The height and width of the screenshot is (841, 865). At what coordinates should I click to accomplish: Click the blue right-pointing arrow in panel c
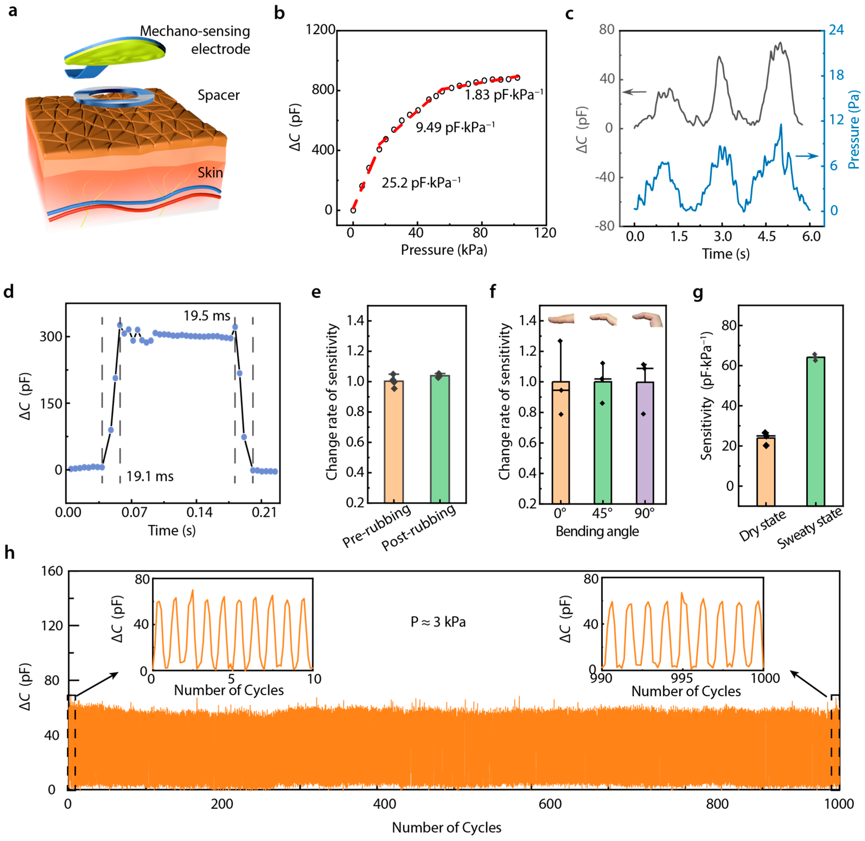[x=806, y=156]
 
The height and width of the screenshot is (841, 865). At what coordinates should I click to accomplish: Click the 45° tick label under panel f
[x=602, y=513]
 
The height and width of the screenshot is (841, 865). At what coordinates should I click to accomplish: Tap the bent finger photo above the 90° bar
[x=647, y=319]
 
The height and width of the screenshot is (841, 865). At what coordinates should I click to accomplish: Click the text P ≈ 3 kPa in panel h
[x=438, y=622]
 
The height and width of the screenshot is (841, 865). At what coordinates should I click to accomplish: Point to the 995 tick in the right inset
[x=682, y=678]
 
